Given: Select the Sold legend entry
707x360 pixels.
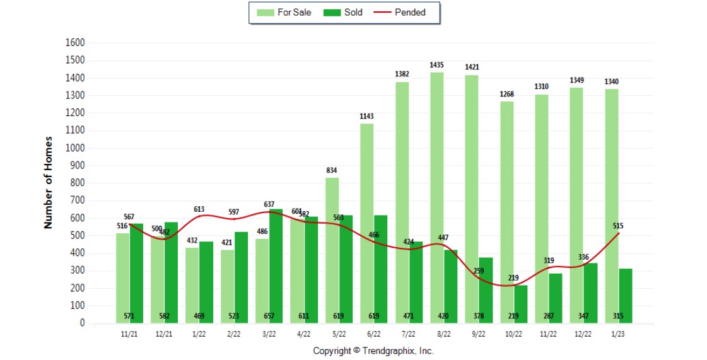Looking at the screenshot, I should [344, 13].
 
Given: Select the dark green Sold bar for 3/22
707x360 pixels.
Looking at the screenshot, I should [276, 265].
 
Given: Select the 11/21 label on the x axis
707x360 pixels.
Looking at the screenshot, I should [129, 334].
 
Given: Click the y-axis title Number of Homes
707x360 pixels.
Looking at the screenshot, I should [49, 182].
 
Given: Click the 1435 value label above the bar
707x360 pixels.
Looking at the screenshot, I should [437, 65].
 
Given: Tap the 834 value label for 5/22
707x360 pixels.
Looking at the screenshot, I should [332, 170].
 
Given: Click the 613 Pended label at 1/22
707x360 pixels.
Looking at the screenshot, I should [199, 209].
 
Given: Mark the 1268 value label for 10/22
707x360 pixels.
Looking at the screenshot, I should [506, 94].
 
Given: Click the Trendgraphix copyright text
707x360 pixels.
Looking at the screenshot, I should [373, 351].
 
